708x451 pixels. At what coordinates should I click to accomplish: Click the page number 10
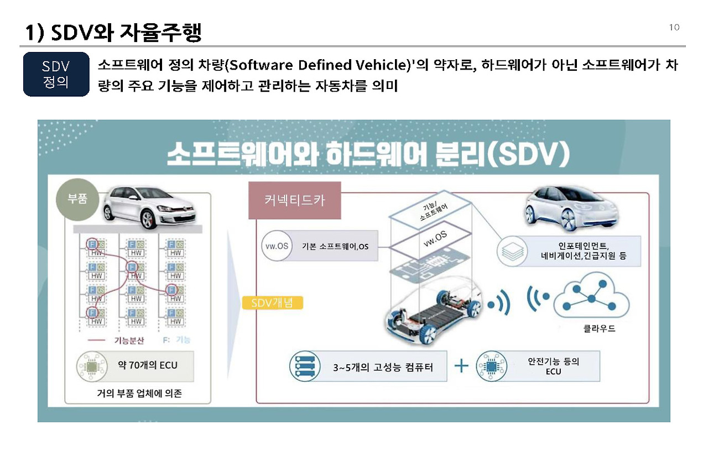point(674,28)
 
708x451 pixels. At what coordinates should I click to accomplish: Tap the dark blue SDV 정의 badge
point(56,74)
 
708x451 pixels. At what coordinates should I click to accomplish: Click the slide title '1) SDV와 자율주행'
point(113,33)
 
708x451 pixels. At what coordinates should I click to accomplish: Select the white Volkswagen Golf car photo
point(150,207)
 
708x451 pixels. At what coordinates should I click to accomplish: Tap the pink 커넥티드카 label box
point(294,200)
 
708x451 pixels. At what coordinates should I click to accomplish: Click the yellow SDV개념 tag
point(272,303)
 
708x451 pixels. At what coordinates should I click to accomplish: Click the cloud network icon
point(591,299)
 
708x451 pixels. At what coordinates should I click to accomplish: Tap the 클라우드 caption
point(599,328)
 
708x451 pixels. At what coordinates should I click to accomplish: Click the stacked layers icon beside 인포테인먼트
point(513,250)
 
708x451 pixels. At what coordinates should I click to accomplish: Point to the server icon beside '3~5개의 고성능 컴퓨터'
point(305,367)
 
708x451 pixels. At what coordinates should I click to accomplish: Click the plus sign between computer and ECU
point(461,366)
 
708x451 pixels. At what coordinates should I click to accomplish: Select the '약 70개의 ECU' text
point(148,365)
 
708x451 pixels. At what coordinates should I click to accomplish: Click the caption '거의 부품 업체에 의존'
point(139,394)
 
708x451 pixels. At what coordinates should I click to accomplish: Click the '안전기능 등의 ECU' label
point(553,366)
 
